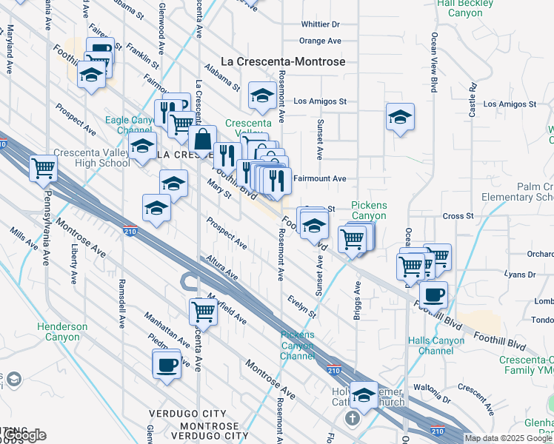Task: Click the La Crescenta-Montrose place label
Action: pyautogui.click(x=284, y=61)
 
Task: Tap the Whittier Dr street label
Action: pyautogui.click(x=319, y=24)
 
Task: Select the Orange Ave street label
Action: pyautogui.click(x=320, y=41)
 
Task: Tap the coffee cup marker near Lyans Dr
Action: pyautogui.click(x=433, y=294)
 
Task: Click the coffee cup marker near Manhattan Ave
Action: pyautogui.click(x=167, y=363)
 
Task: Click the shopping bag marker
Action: pyautogui.click(x=202, y=138)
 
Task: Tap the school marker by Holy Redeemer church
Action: pyautogui.click(x=364, y=396)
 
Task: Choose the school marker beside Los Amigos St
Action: pyautogui.click(x=261, y=96)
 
